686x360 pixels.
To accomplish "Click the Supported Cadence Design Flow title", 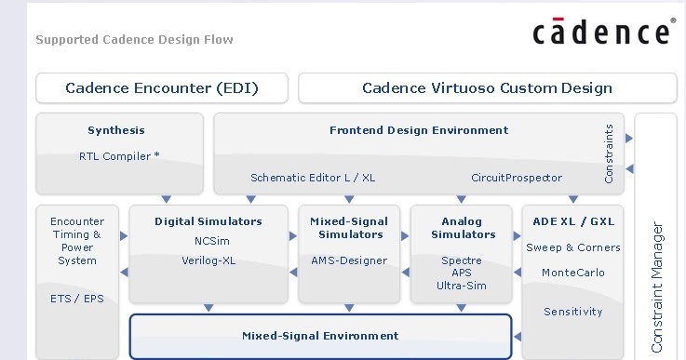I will (x=134, y=40).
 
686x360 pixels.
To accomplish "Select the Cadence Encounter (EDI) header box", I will (x=162, y=88).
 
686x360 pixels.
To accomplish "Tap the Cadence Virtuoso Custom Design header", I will (x=487, y=88).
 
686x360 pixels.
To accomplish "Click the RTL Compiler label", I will (x=119, y=156).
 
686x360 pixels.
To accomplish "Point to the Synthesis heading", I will (x=116, y=130).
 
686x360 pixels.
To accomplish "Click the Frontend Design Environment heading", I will (x=419, y=130).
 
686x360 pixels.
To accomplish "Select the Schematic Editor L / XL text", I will (x=300, y=177).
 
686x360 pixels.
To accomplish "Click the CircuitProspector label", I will (x=516, y=177).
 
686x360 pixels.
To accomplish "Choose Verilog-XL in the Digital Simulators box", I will (x=208, y=260).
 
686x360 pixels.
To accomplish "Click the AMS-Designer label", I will (x=349, y=260).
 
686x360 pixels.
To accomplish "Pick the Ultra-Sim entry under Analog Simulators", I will (x=462, y=286).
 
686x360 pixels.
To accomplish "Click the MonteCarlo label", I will (x=572, y=273).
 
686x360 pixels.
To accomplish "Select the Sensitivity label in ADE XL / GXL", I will (x=572, y=312).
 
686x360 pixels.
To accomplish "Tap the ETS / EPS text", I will (x=77, y=299).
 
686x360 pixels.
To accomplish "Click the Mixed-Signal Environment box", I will (x=320, y=336).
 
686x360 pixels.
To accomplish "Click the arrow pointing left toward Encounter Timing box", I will (x=125, y=273).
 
